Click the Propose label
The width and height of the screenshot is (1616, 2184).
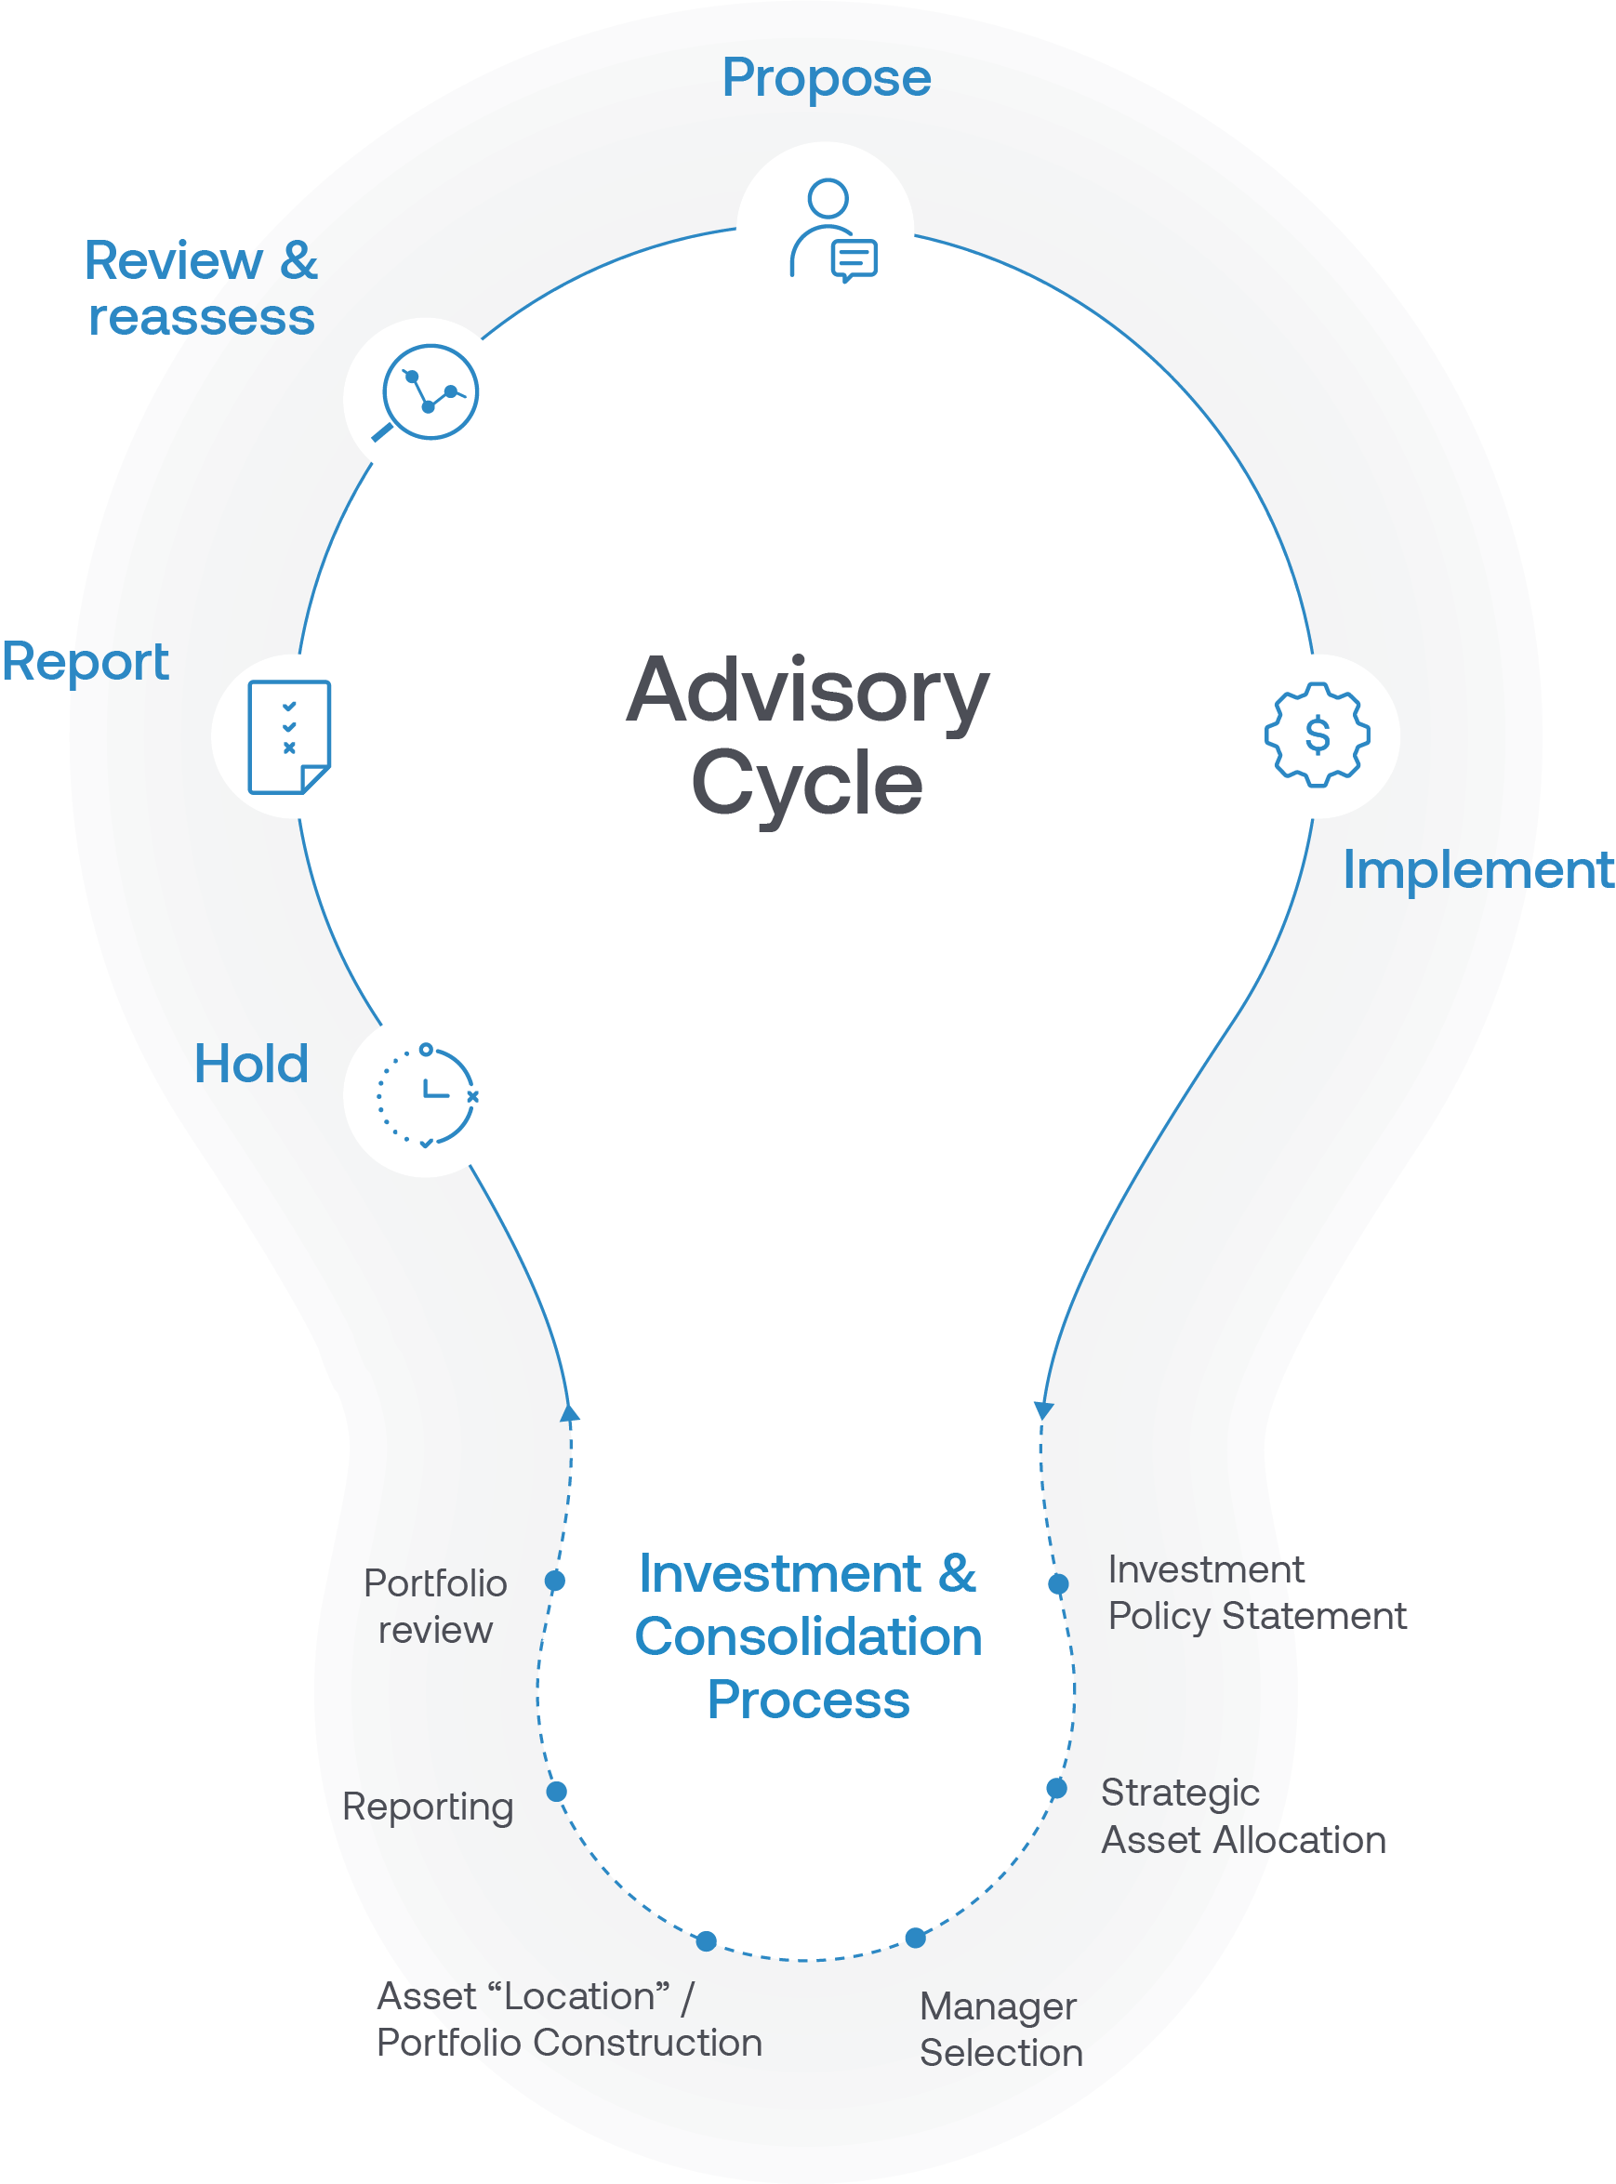pos(827,78)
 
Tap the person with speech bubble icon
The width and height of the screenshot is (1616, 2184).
pos(831,231)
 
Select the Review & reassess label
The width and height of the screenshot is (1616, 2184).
pos(201,289)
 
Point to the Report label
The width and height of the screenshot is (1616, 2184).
pos(86,662)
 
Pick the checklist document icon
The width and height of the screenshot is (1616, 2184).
pos(289,736)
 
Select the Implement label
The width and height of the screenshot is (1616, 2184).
pos(1477,869)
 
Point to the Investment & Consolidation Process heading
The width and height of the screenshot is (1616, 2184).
pos(808,1636)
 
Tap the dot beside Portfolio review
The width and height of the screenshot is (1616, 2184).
pos(555,1581)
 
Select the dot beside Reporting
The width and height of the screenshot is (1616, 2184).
pos(557,1791)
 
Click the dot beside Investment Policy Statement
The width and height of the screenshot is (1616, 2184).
pos(1058,1583)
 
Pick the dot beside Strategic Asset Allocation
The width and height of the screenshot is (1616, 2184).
pos(1056,1788)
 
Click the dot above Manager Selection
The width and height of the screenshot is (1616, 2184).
pos(916,1938)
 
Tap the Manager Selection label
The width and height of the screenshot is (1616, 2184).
pos(1000,2029)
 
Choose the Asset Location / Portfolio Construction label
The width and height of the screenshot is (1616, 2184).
pos(569,2019)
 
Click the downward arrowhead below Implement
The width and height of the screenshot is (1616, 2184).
pos(1044,1410)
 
